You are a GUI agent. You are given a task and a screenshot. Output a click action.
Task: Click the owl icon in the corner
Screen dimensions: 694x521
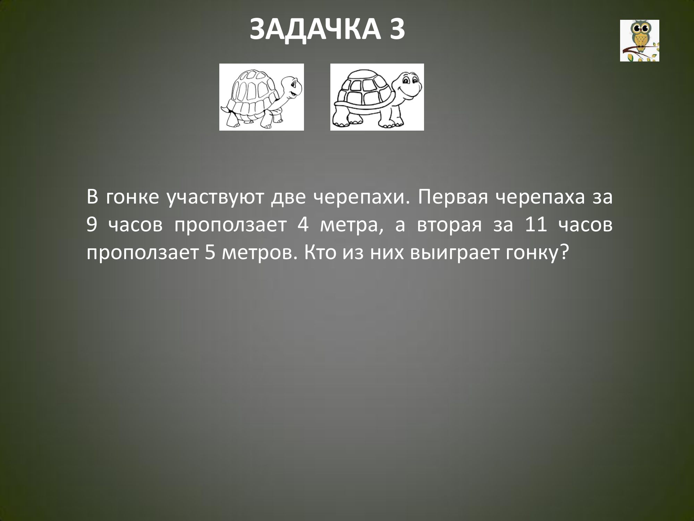(x=640, y=41)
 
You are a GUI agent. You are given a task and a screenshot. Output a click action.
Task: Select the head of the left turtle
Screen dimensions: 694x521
(x=290, y=89)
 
